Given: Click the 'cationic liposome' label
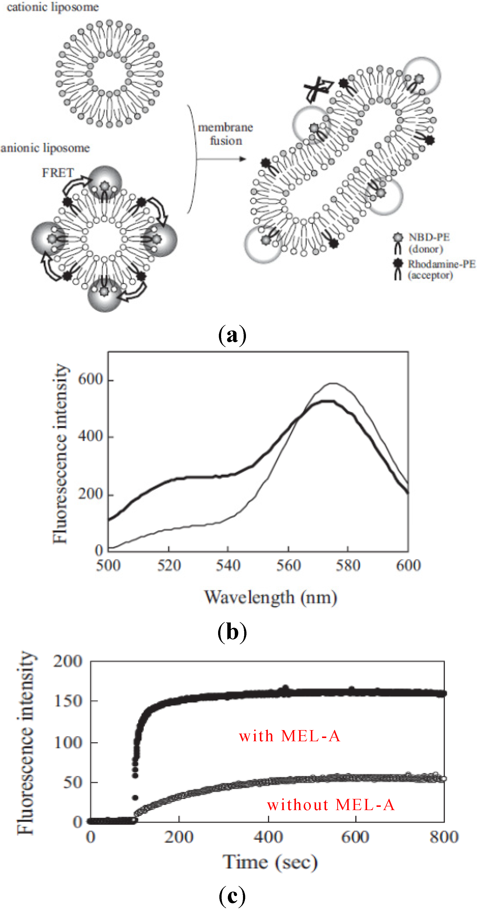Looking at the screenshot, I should pos(53,7).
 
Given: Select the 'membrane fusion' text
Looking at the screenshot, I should pos(225,134).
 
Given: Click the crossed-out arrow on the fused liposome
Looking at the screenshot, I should pos(318,89).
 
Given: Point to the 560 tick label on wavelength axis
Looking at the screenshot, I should pos(288,565).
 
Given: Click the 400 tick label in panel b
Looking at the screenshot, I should pos(90,437).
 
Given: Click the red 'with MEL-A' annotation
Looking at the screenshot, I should pos(289,736).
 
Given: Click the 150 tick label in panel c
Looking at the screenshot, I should pos(68,701).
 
